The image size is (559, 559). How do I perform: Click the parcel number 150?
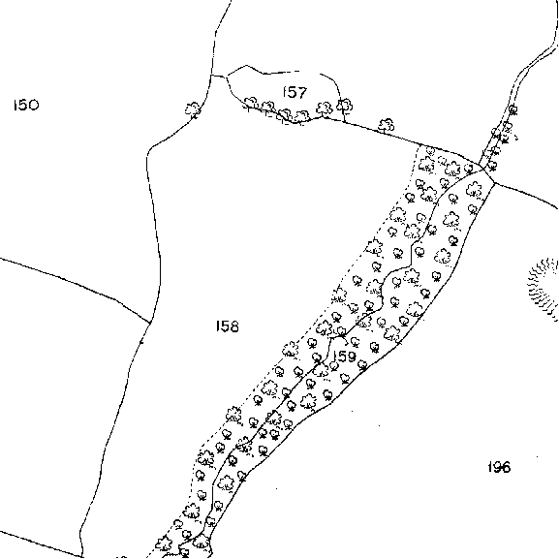click(26, 106)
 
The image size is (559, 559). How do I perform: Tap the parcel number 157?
click(295, 92)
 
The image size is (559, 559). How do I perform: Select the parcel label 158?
click(228, 326)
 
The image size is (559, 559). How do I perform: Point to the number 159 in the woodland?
click(344, 357)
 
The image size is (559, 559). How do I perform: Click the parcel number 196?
click(499, 467)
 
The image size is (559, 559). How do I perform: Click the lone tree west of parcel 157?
click(193, 109)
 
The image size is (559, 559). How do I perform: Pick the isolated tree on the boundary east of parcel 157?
click(387, 126)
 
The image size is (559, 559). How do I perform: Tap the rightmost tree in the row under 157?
click(344, 106)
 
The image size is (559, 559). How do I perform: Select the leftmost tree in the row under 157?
click(251, 103)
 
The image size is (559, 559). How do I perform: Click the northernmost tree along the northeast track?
click(512, 109)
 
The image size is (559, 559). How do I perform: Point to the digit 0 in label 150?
click(33, 106)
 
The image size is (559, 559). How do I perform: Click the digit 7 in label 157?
click(301, 93)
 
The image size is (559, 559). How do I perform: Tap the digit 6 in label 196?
click(506, 467)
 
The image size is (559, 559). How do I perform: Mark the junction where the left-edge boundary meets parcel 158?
click(150, 323)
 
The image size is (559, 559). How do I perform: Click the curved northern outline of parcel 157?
click(282, 73)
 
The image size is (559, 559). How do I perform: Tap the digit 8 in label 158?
click(233, 326)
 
